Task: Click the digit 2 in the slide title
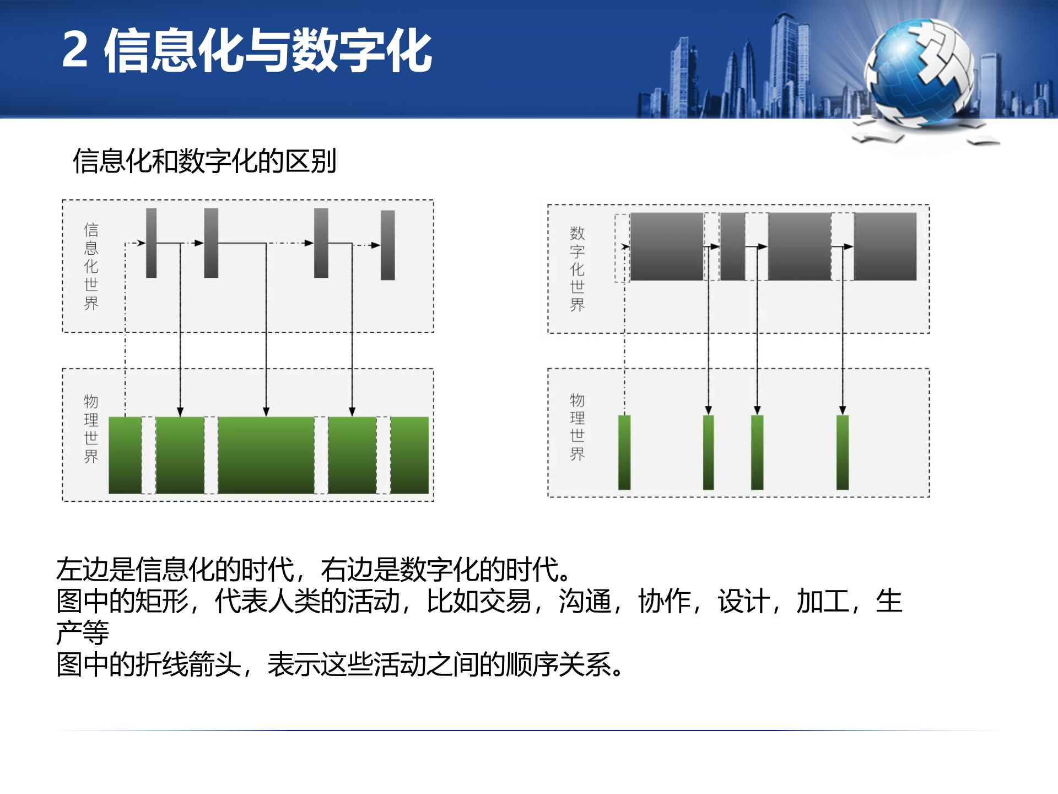click(x=75, y=50)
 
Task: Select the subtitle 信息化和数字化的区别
click(x=204, y=162)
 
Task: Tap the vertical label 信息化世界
click(x=91, y=266)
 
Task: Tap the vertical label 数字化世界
click(x=577, y=269)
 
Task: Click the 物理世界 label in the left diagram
click(x=91, y=428)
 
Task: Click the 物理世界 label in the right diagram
click(x=577, y=427)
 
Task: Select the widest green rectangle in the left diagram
click(x=266, y=455)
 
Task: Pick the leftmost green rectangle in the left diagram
click(x=125, y=455)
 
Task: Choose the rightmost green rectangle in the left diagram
click(x=409, y=455)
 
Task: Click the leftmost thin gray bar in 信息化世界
click(x=151, y=243)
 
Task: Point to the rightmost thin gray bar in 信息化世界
click(x=388, y=245)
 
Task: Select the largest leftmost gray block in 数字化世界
click(x=666, y=246)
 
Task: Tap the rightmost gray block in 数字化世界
click(x=885, y=246)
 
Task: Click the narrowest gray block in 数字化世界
click(x=732, y=246)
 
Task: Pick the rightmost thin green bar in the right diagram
click(x=842, y=452)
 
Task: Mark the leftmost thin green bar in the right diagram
click(x=624, y=452)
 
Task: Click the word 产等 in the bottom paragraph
click(x=83, y=632)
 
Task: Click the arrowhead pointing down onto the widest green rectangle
click(x=266, y=411)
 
